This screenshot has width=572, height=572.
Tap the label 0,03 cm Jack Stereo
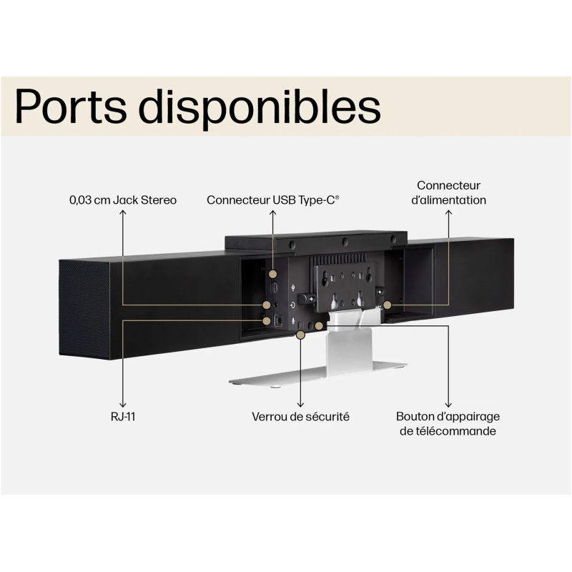(123, 200)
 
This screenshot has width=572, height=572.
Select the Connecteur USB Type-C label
(273, 200)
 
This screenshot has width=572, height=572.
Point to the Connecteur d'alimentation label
(448, 192)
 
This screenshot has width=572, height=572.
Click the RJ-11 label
(123, 417)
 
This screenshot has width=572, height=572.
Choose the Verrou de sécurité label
(300, 417)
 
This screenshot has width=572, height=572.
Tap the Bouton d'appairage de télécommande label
(448, 424)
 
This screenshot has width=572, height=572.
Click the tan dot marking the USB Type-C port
(273, 274)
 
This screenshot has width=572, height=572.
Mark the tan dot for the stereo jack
(267, 305)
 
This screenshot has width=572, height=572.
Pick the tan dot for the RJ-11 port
(267, 320)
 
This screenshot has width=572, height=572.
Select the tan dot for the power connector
(387, 305)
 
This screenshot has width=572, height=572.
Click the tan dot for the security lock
(300, 335)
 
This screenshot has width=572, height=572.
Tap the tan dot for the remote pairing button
(318, 326)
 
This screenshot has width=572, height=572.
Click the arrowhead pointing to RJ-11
(123, 405)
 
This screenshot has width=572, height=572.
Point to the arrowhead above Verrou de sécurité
(300, 405)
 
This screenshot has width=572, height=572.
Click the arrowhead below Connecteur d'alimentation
(448, 212)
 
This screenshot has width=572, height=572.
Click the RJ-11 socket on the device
(278, 320)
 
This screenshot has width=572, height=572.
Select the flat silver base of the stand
(317, 375)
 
